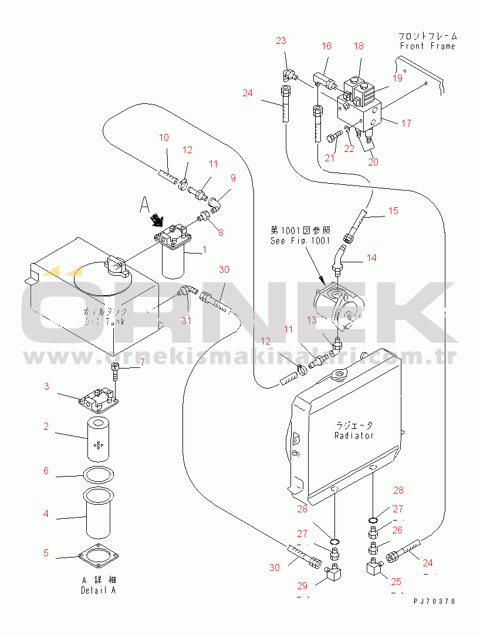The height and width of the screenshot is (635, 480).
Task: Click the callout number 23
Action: pos(281,40)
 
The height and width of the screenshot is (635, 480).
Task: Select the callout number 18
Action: pos(359,46)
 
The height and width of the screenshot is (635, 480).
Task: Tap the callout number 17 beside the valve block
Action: pos(405,123)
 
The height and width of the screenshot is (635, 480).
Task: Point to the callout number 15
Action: pos(393,211)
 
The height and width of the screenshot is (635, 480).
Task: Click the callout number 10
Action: pos(164,137)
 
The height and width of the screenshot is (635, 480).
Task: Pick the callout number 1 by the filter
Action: pos(204,250)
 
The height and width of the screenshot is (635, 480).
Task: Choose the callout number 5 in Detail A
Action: pos(46,553)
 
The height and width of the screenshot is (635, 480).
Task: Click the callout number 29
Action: pos(302,586)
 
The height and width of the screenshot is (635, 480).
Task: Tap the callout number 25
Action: pos(396,582)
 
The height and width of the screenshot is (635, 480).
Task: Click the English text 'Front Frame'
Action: pos(427,46)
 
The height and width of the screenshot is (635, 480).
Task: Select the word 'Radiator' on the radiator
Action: pos(354,435)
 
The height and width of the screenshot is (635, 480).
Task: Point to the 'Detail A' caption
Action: pos(98,590)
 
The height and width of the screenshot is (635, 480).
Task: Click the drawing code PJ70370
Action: pos(434,602)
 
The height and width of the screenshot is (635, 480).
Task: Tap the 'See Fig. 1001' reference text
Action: pos(300,241)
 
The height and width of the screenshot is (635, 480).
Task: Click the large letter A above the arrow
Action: pos(145,204)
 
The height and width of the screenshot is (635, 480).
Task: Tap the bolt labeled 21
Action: pos(333,137)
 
